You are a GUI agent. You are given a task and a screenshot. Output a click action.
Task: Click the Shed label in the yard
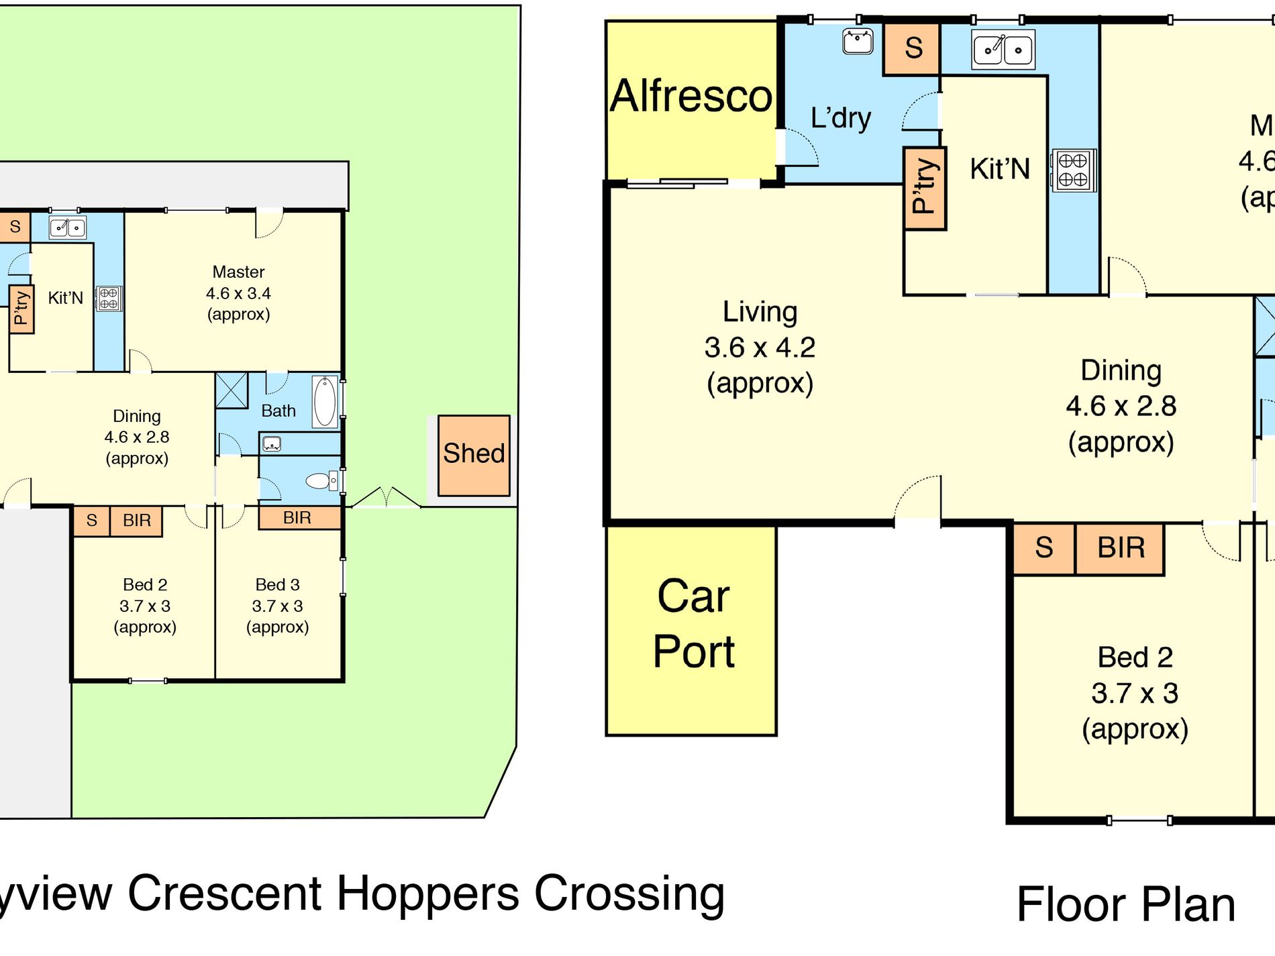474,454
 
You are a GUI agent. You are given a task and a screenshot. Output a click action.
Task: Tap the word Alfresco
691,96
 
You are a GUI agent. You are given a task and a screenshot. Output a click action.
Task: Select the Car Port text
693,624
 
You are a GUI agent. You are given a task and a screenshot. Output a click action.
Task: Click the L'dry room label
840,118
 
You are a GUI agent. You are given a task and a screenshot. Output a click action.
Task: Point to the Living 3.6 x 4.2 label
760,348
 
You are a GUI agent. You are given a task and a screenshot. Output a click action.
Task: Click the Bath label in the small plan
278,411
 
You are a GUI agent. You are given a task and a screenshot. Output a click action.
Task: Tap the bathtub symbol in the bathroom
325,401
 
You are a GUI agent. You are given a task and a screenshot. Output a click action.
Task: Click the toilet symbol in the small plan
319,480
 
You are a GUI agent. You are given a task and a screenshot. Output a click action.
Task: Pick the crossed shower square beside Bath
232,390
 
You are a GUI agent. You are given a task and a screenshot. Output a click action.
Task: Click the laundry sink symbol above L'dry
858,42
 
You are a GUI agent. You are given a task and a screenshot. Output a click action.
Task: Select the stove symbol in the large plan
1072,170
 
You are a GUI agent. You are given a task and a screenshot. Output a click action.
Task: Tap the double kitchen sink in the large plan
1003,50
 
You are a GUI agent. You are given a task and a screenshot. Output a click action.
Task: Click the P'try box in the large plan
924,188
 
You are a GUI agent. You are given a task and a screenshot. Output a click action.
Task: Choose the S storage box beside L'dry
913,48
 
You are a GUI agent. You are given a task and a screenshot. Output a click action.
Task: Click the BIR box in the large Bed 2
1120,548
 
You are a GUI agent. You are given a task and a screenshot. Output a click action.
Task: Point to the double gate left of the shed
386,498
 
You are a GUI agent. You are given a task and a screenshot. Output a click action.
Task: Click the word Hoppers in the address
427,894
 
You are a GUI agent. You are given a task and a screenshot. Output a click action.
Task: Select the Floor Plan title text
1125,905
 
